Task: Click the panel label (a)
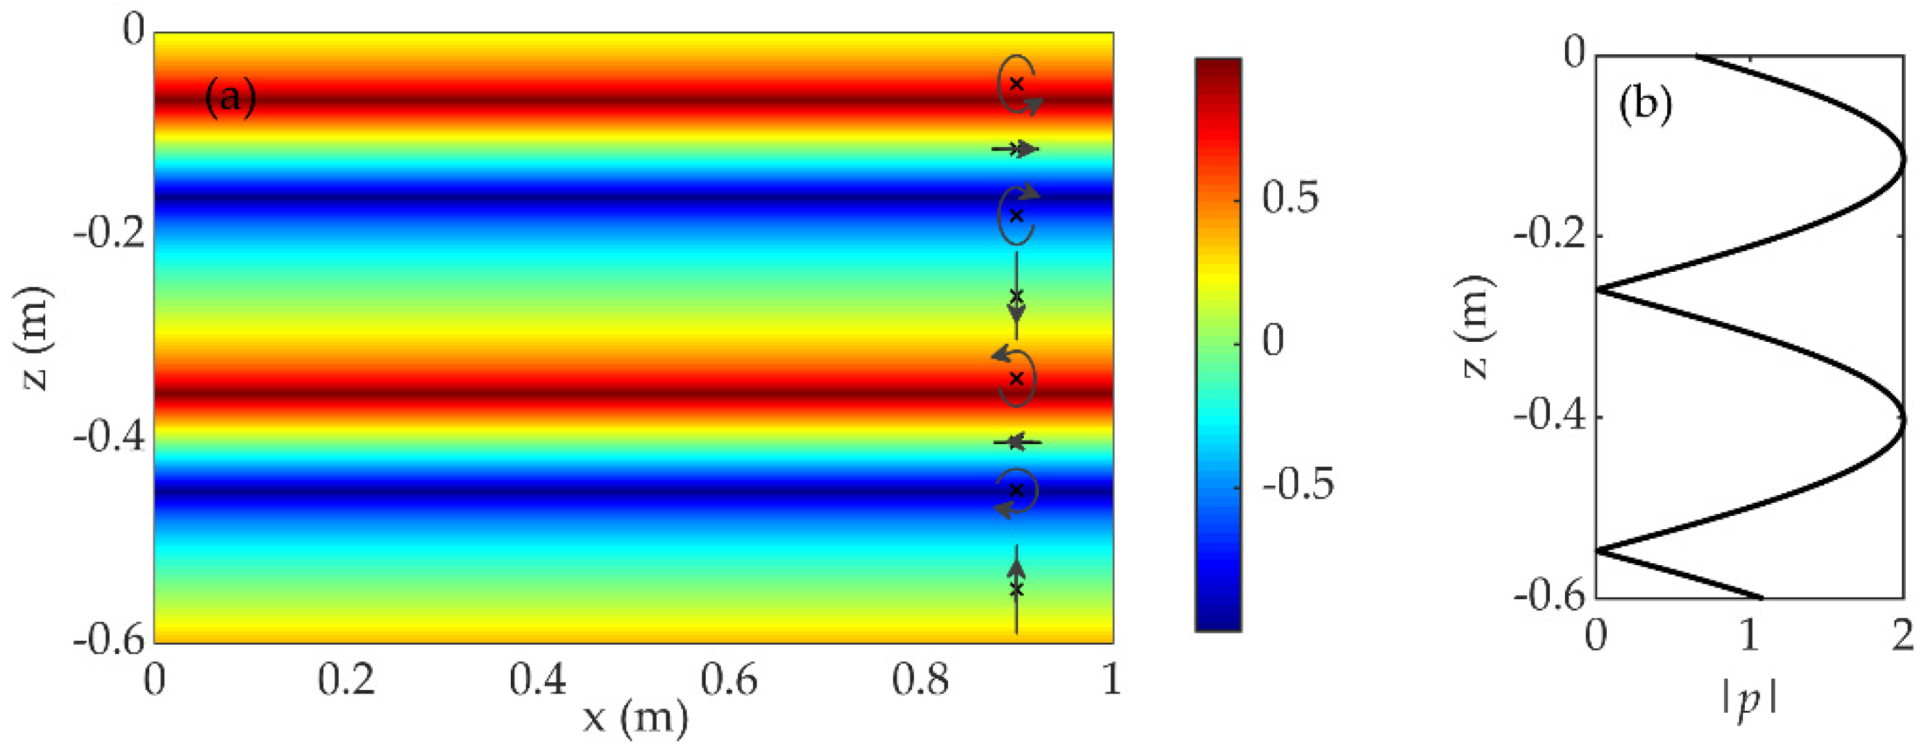coord(230,98)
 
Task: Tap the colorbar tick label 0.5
coord(1291,198)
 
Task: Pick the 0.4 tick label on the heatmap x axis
coord(539,681)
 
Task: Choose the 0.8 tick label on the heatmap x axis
coord(921,681)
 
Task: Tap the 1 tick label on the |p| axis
coord(1749,637)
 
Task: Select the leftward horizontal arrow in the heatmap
coord(1015,442)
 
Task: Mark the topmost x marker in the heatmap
coord(1015,84)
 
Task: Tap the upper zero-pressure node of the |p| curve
coord(1599,289)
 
